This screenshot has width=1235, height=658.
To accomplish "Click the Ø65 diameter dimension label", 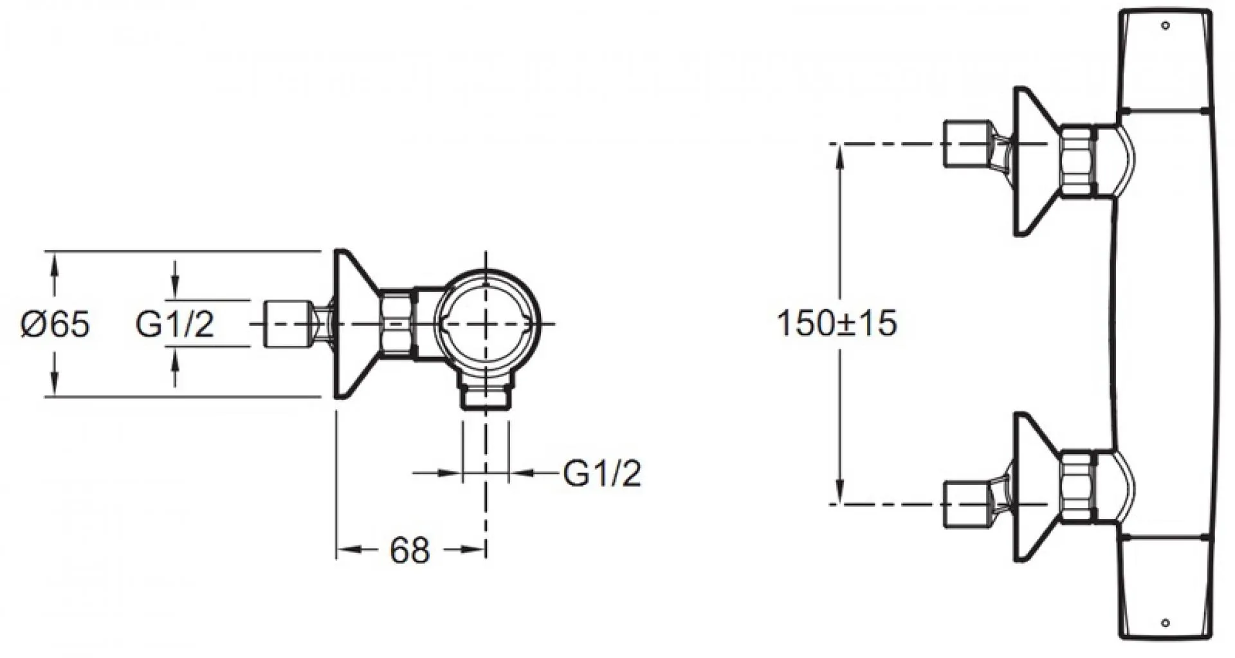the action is pyautogui.click(x=55, y=324).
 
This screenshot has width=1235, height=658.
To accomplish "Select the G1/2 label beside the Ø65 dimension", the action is pyautogui.click(x=174, y=324).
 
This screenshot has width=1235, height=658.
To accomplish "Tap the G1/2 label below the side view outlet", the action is pyautogui.click(x=602, y=473).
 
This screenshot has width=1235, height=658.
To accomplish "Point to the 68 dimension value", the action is pyautogui.click(x=410, y=551).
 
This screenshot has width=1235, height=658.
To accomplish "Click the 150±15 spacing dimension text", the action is pyautogui.click(x=837, y=323).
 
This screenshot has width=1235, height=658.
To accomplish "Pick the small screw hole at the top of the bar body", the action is pyautogui.click(x=1166, y=25).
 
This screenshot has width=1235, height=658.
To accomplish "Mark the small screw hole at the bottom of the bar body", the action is pyautogui.click(x=1166, y=623).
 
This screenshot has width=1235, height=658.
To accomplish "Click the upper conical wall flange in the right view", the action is pyautogui.click(x=1036, y=161).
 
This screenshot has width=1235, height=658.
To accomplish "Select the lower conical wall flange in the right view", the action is pyautogui.click(x=1036, y=487).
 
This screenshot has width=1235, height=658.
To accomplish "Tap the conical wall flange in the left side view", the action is pyautogui.click(x=356, y=324).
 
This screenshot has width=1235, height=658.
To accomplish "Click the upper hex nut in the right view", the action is pyautogui.click(x=1076, y=160).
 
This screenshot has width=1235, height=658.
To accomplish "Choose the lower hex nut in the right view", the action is pyautogui.click(x=1076, y=486).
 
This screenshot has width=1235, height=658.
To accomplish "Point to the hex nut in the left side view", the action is pyautogui.click(x=397, y=323).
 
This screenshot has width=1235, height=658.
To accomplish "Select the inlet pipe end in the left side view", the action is pyautogui.click(x=289, y=324).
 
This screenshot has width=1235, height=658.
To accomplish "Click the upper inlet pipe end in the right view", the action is pyautogui.click(x=968, y=144).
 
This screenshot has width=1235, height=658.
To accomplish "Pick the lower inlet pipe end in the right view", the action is pyautogui.click(x=968, y=504).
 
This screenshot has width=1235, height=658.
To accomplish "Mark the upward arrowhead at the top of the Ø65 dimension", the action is pyautogui.click(x=54, y=264).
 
